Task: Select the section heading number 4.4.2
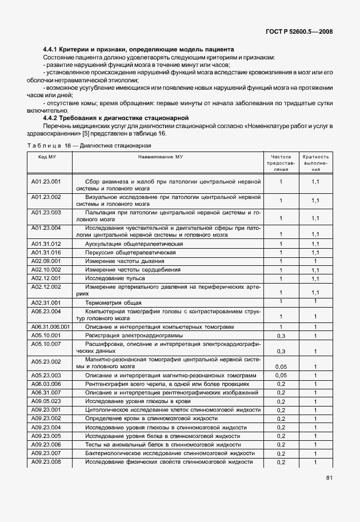[x=54, y=117]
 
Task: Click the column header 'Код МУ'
[x=46, y=156]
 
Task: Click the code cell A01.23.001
[x=46, y=181]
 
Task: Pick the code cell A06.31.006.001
[x=50, y=326]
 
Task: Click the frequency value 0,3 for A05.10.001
[x=281, y=336]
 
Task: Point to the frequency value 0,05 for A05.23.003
[x=281, y=376]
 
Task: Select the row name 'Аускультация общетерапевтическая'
[x=134, y=244]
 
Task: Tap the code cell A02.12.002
[x=46, y=286]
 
